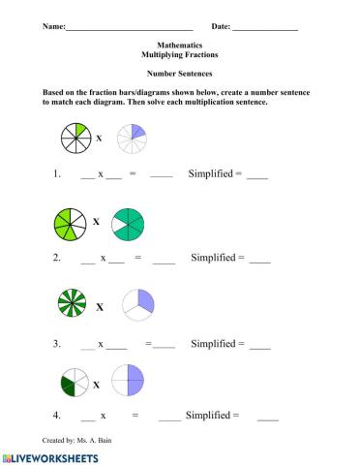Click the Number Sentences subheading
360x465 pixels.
point(180,74)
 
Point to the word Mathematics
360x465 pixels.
point(180,46)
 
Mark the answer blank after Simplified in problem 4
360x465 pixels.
point(268,417)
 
